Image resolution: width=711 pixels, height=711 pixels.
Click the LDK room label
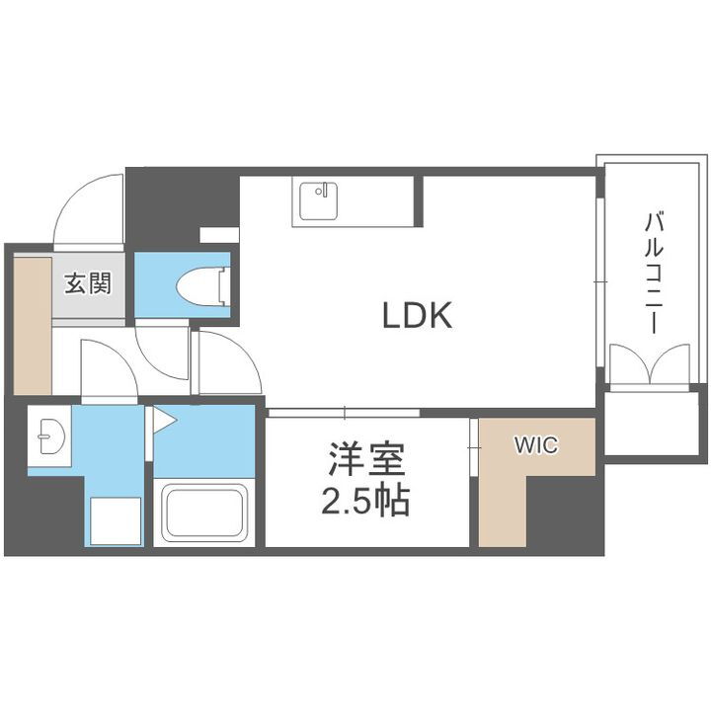click(417, 316)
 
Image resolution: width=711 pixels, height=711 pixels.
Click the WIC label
click(535, 445)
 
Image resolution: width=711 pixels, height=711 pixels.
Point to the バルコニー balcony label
click(653, 273)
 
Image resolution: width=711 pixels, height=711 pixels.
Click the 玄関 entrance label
click(88, 284)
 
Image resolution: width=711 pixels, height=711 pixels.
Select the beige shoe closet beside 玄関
click(29, 321)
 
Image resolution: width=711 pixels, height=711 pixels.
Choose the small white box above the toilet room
click(218, 235)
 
